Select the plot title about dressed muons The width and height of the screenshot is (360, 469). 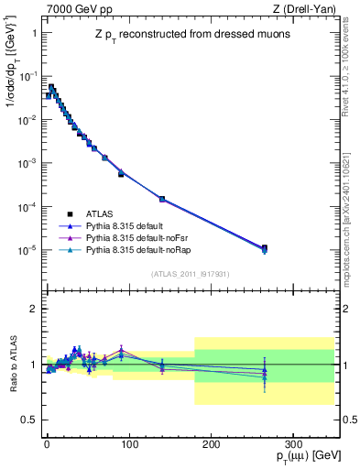tap(189, 35)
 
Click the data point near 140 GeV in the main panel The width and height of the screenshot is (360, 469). tap(161, 199)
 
